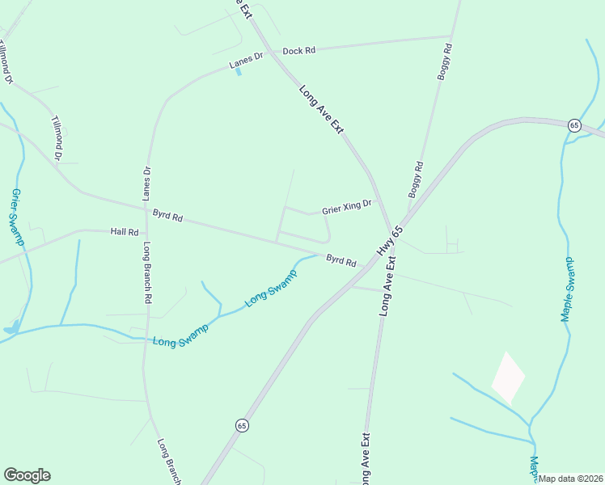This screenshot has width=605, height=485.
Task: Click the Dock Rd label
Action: pos(298,50)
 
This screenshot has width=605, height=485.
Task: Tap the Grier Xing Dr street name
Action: pos(347,208)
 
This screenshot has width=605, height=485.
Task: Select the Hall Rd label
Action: pos(125,231)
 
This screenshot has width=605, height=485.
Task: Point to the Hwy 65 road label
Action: pos(390,241)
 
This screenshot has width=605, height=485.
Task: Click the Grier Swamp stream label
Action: pos(17,217)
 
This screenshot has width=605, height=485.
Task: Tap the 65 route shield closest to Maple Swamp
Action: pos(574,125)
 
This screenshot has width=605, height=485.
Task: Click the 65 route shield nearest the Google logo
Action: pos(242,424)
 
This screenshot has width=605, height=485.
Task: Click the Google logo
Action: pos(27,475)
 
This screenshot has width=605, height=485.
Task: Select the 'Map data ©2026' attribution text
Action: pos(571,479)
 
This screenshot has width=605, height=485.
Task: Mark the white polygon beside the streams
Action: pos(508,377)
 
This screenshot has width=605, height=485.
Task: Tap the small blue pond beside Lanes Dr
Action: pos(238,71)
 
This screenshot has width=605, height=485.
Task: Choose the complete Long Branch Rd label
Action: pos(148,272)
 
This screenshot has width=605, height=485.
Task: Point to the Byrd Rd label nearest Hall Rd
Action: pos(167,217)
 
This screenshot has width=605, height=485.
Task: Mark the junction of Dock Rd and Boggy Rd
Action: pos(451,36)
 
